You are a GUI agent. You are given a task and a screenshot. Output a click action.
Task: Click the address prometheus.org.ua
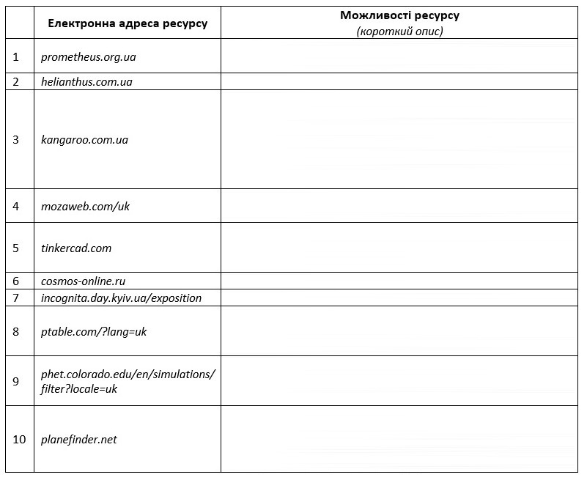89,56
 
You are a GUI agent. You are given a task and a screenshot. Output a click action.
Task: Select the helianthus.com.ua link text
86,82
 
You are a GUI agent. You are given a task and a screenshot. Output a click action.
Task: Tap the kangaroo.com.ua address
84,139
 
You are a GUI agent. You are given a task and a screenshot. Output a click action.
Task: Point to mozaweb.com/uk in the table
85,206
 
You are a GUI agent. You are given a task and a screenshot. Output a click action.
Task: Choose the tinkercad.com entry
76,248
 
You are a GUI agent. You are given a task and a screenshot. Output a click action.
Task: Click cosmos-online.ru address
84,281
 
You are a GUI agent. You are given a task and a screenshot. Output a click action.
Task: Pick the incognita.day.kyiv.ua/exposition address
121,298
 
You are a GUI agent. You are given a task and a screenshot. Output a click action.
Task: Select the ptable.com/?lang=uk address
94,331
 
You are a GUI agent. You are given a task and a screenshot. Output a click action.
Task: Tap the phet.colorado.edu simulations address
128,381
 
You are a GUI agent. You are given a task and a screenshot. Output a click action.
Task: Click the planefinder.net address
79,439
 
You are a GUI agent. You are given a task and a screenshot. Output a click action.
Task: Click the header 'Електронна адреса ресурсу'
128,23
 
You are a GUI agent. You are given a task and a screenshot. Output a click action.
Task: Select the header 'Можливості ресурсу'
399,15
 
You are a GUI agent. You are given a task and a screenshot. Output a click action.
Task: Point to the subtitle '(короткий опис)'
399,31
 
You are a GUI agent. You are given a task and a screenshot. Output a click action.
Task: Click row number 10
19,439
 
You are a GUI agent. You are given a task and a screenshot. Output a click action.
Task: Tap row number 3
16,139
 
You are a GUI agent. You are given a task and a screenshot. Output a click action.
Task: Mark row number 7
16,298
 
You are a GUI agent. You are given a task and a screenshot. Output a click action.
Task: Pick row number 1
16,56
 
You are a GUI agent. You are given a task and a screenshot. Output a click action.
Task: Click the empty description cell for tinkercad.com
399,248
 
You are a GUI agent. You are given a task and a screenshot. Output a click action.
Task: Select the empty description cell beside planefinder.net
399,439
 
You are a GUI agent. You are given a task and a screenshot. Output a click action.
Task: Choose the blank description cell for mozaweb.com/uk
399,206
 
